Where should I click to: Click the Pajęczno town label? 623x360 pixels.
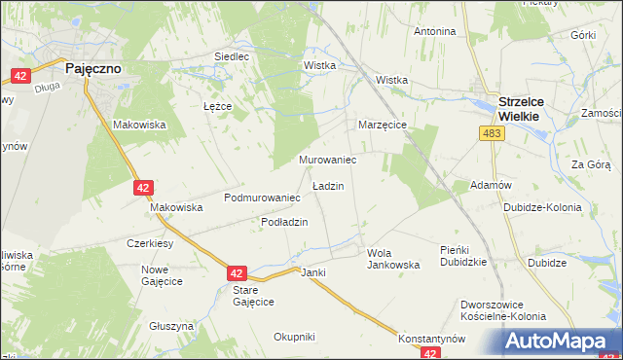[93, 70]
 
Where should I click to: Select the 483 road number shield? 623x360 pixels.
[493, 133]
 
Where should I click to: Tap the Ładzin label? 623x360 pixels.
[327, 185]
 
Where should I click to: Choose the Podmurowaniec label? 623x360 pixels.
[261, 198]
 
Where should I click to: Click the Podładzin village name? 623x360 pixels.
[284, 222]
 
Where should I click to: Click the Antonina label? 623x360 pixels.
[435, 31]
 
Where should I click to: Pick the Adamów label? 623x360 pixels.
[491, 185]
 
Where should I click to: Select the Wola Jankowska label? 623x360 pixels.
[392, 259]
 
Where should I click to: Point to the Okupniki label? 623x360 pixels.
[294, 337]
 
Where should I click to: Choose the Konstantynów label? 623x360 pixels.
[432, 339]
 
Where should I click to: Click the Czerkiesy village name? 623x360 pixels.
[150, 243]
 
